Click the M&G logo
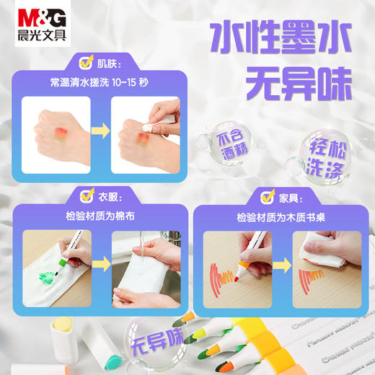tap(28, 12)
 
